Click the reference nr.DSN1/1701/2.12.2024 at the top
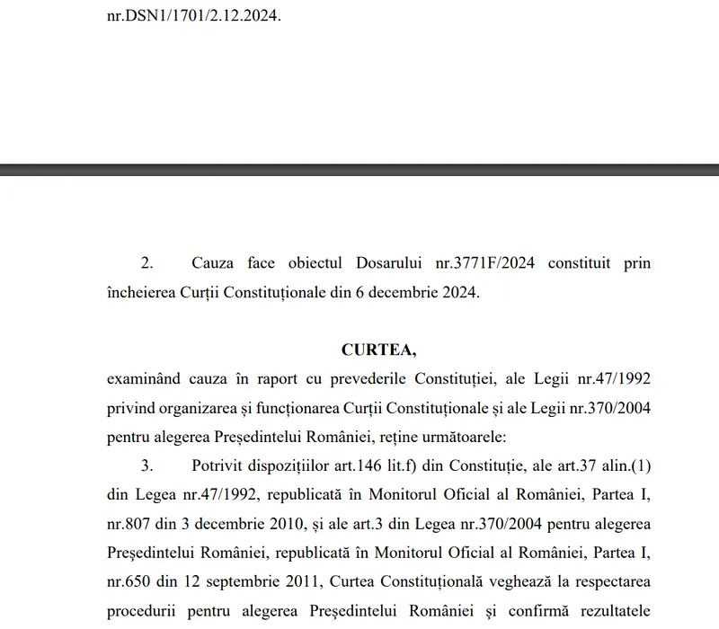193,15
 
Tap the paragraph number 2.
146,263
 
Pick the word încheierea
142,293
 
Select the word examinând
146,380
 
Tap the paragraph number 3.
146,466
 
